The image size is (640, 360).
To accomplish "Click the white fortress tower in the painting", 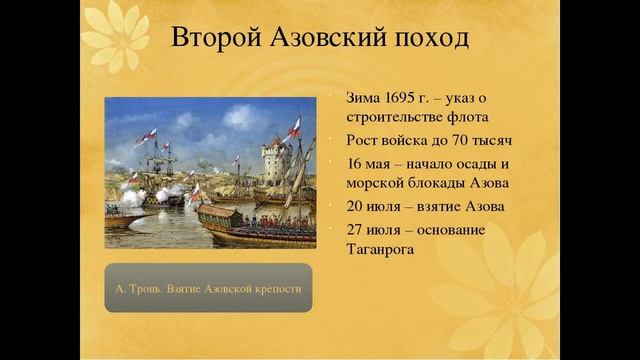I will pyautogui.click(x=273, y=160).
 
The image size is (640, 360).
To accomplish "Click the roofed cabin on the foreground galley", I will pyautogui.click(x=219, y=214).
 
